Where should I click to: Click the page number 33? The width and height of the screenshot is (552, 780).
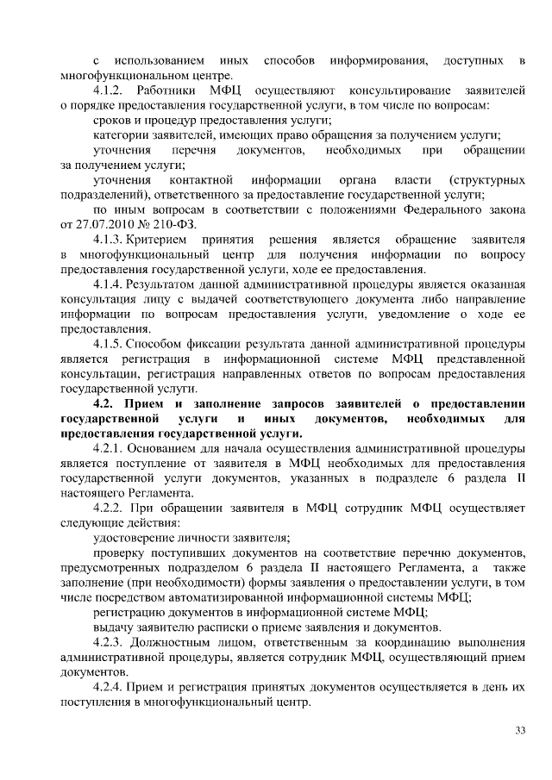[521, 731]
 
